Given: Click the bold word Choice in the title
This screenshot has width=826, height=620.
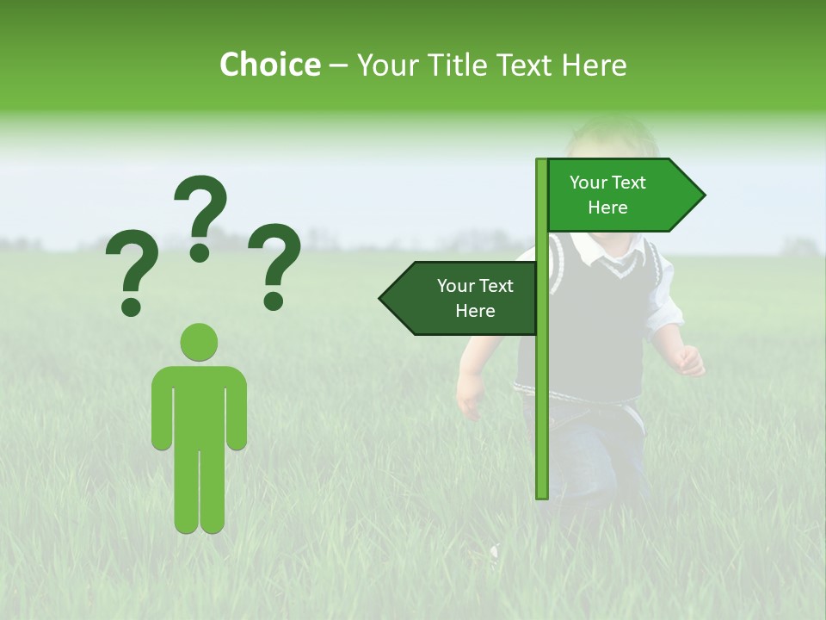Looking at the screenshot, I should pyautogui.click(x=269, y=65).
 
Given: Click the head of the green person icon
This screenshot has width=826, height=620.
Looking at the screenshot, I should pyautogui.click(x=200, y=342).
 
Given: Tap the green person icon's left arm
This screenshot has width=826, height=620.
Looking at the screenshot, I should pyautogui.click(x=161, y=409).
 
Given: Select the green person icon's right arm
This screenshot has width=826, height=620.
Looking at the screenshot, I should pyautogui.click(x=237, y=409).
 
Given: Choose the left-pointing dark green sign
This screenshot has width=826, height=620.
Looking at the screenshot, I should pyautogui.click(x=465, y=298).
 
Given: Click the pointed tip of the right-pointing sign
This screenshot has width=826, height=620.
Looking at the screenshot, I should pyautogui.click(x=701, y=195).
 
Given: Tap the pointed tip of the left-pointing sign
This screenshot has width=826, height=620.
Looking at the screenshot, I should pyautogui.click(x=383, y=299).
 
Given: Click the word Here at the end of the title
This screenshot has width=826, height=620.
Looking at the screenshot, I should pyautogui.click(x=594, y=65).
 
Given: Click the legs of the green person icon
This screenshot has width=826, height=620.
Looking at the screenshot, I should pyautogui.click(x=200, y=491).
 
